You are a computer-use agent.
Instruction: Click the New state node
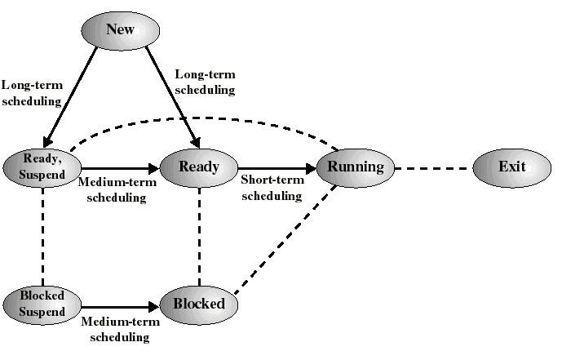(x=119, y=30)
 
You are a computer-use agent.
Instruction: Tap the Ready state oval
(x=199, y=167)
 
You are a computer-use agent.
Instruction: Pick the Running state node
(x=356, y=167)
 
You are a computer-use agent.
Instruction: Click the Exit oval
(x=512, y=167)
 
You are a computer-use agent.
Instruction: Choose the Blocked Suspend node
(x=42, y=304)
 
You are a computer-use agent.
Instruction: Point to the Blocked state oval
(x=199, y=304)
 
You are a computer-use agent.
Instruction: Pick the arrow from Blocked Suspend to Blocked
(x=119, y=306)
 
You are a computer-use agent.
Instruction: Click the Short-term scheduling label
(x=272, y=189)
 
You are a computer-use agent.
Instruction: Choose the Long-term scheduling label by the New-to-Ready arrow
(x=206, y=82)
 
